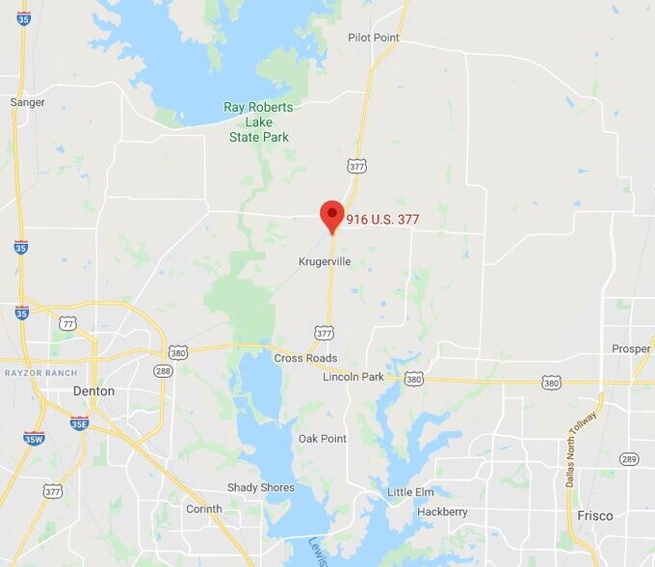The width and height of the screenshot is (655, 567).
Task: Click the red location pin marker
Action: pyautogui.click(x=331, y=216)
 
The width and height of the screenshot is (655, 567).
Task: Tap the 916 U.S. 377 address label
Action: pyautogui.click(x=382, y=220)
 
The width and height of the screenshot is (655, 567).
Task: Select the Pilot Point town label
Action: pyautogui.click(x=373, y=38)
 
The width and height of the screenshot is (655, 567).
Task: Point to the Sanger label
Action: pyautogui.click(x=27, y=101)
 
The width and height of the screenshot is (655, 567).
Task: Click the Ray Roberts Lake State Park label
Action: pyautogui.click(x=258, y=122)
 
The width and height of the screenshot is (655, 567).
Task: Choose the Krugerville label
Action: pyautogui.click(x=324, y=261)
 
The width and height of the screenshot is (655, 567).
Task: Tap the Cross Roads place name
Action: pyautogui.click(x=305, y=358)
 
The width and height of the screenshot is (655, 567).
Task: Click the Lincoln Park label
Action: pyautogui.click(x=354, y=377)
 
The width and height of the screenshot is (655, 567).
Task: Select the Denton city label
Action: pyautogui.click(x=93, y=391)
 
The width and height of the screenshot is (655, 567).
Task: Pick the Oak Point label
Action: pyautogui.click(x=322, y=439)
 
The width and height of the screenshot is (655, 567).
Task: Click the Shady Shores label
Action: pyautogui.click(x=260, y=488)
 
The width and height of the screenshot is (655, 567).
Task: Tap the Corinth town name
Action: pyautogui.click(x=203, y=509)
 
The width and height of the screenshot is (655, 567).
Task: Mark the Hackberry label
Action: pyautogui.click(x=442, y=512)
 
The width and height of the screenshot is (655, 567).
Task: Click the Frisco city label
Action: pyautogui.click(x=594, y=516)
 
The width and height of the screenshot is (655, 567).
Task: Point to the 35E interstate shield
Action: pyautogui.click(x=79, y=422)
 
